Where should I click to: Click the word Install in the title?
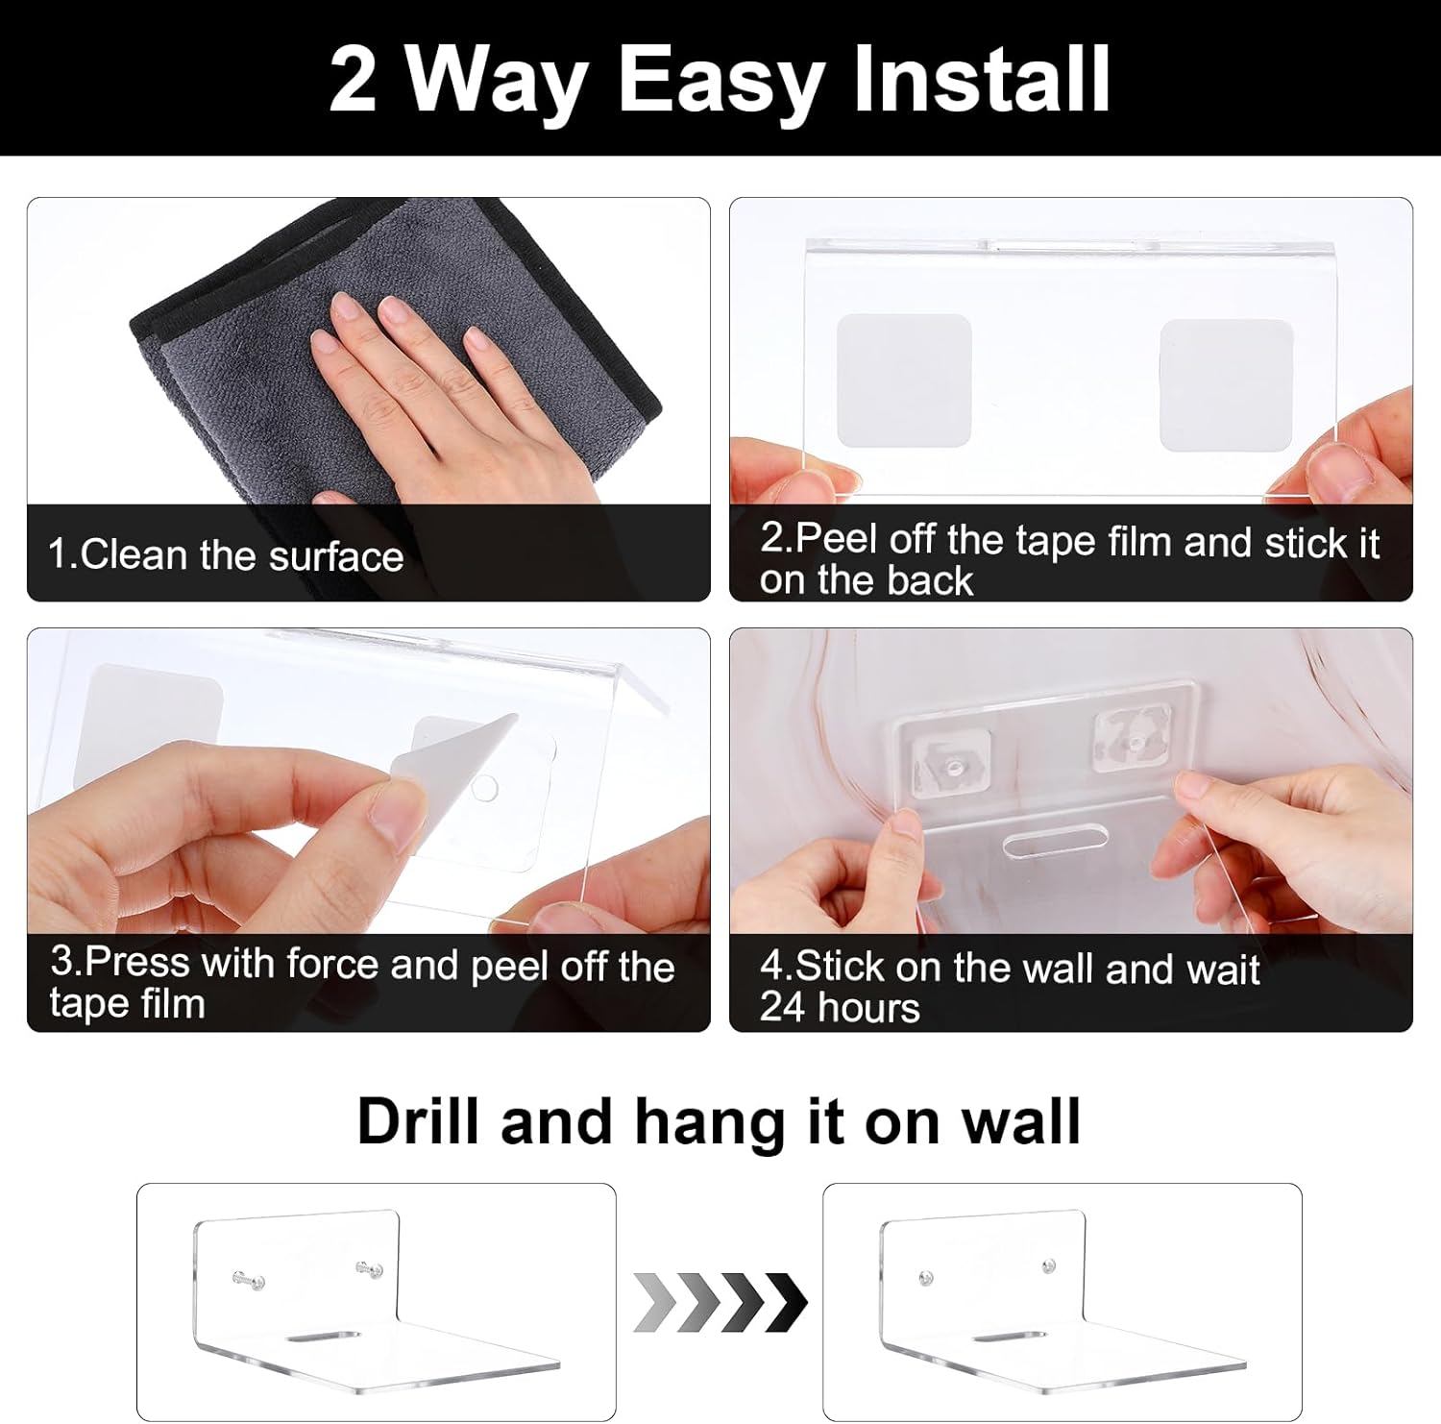click(982, 78)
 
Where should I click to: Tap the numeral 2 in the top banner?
click(352, 79)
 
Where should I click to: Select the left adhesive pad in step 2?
click(903, 381)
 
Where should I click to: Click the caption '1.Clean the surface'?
click(226, 555)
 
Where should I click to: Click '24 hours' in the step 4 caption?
click(840, 1007)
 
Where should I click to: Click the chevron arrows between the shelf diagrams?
click(720, 1303)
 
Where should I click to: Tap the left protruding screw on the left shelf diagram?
click(247, 1279)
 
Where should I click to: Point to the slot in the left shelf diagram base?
click(322, 1337)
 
